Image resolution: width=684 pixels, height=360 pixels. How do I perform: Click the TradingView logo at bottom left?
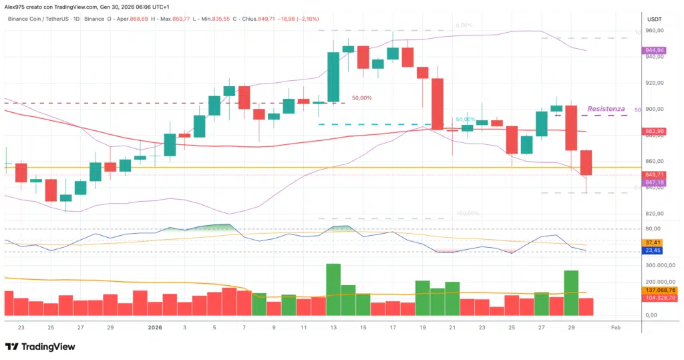(40, 347)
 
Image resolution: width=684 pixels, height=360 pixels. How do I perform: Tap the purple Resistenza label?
(606, 108)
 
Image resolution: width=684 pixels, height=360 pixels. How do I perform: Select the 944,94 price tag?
(655, 50)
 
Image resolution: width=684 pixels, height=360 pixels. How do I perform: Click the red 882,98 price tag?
(655, 132)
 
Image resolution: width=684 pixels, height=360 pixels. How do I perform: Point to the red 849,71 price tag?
(655, 174)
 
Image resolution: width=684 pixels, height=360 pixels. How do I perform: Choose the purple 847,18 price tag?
(655, 182)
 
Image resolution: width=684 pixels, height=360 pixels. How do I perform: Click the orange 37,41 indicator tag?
(653, 242)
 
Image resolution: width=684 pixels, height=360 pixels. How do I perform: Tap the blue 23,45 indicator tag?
(653, 251)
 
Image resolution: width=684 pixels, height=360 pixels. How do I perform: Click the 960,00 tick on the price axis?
(655, 31)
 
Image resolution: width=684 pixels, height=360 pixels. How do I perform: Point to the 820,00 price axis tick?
(655, 214)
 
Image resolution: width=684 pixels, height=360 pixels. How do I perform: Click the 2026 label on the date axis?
(154, 327)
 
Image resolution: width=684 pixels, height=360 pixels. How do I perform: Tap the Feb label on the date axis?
(615, 327)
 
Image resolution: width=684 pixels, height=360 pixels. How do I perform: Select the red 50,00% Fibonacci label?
(361, 98)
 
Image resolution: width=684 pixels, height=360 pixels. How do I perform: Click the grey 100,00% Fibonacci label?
(468, 214)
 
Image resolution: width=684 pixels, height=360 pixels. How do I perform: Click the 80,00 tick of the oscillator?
(653, 228)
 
